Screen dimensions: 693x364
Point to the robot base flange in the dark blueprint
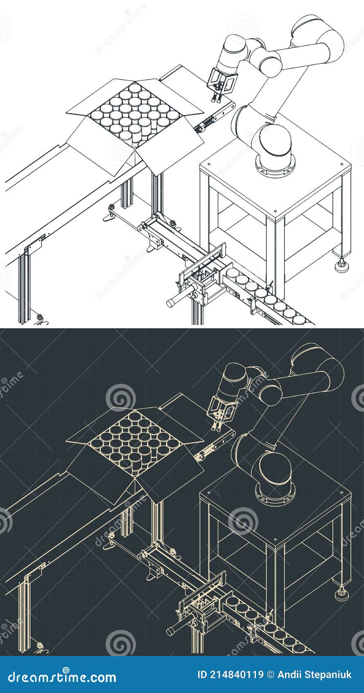point(275,494)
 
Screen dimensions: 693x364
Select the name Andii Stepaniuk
point(314,675)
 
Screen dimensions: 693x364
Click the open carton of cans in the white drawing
point(135,119)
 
